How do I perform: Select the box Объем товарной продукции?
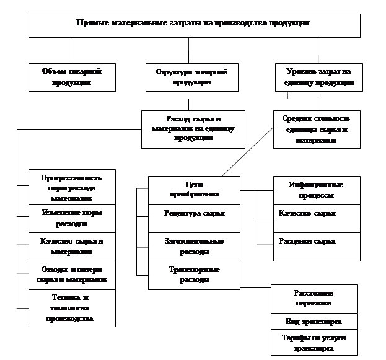pyautogui.click(x=72, y=77)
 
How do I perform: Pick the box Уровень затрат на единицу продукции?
pyautogui.click(x=318, y=77)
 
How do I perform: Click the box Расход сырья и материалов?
pyautogui.click(x=193, y=128)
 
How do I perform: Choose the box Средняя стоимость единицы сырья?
pyautogui.click(x=316, y=128)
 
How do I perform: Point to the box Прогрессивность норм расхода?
pyautogui.click(x=72, y=187)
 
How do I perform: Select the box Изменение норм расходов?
pyautogui.click(x=72, y=217)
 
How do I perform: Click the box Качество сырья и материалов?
pyautogui.click(x=72, y=246)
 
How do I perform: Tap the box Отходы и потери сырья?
pyautogui.click(x=72, y=274)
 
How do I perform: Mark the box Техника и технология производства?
pyautogui.click(x=72, y=307)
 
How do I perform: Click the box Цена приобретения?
pyautogui.click(x=194, y=190)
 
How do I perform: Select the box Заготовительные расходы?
pyautogui.click(x=194, y=246)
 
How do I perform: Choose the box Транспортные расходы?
pyautogui.click(x=194, y=274)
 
